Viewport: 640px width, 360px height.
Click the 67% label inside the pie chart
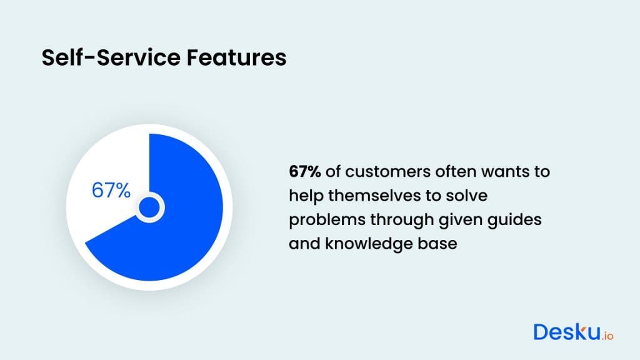tap(111, 191)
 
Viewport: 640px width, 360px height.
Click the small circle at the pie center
tap(149, 207)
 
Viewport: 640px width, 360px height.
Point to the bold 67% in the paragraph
tap(304, 171)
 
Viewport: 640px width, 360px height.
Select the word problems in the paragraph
tap(322, 219)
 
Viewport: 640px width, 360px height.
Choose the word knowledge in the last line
tap(375, 243)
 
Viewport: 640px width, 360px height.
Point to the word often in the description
tap(442, 171)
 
